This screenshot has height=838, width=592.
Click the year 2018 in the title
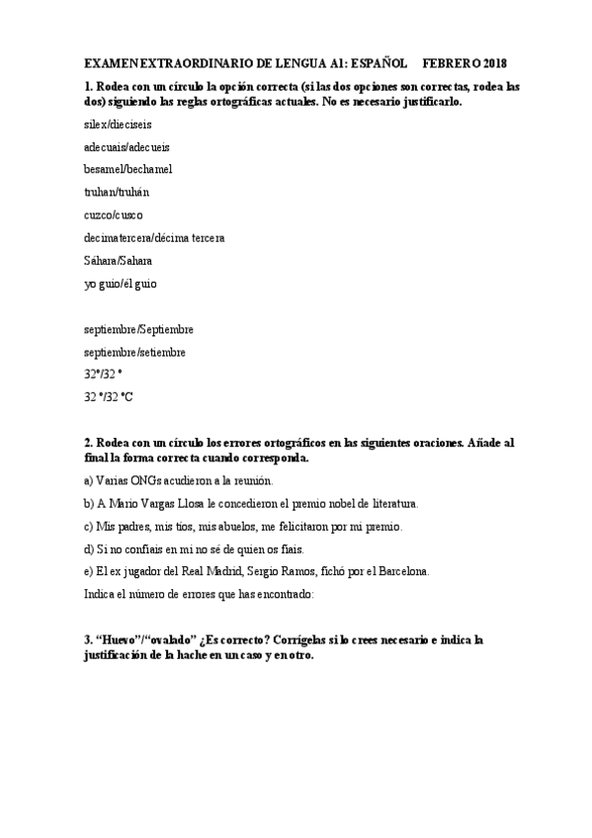pos(491,61)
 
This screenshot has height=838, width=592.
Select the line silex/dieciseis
pos(118,125)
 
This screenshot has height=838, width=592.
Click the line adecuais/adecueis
pos(127,147)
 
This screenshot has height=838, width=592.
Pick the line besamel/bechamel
pos(128,170)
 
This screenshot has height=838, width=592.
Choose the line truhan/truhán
pos(118,193)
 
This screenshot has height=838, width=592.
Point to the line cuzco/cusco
pos(114,215)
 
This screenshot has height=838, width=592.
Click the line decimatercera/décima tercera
pos(154,238)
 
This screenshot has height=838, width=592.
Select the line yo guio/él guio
pos(120,284)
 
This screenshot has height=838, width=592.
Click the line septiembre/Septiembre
pos(139,329)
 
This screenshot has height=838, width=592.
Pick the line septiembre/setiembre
pos(135,352)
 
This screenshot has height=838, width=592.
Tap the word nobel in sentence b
pos(350,502)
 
